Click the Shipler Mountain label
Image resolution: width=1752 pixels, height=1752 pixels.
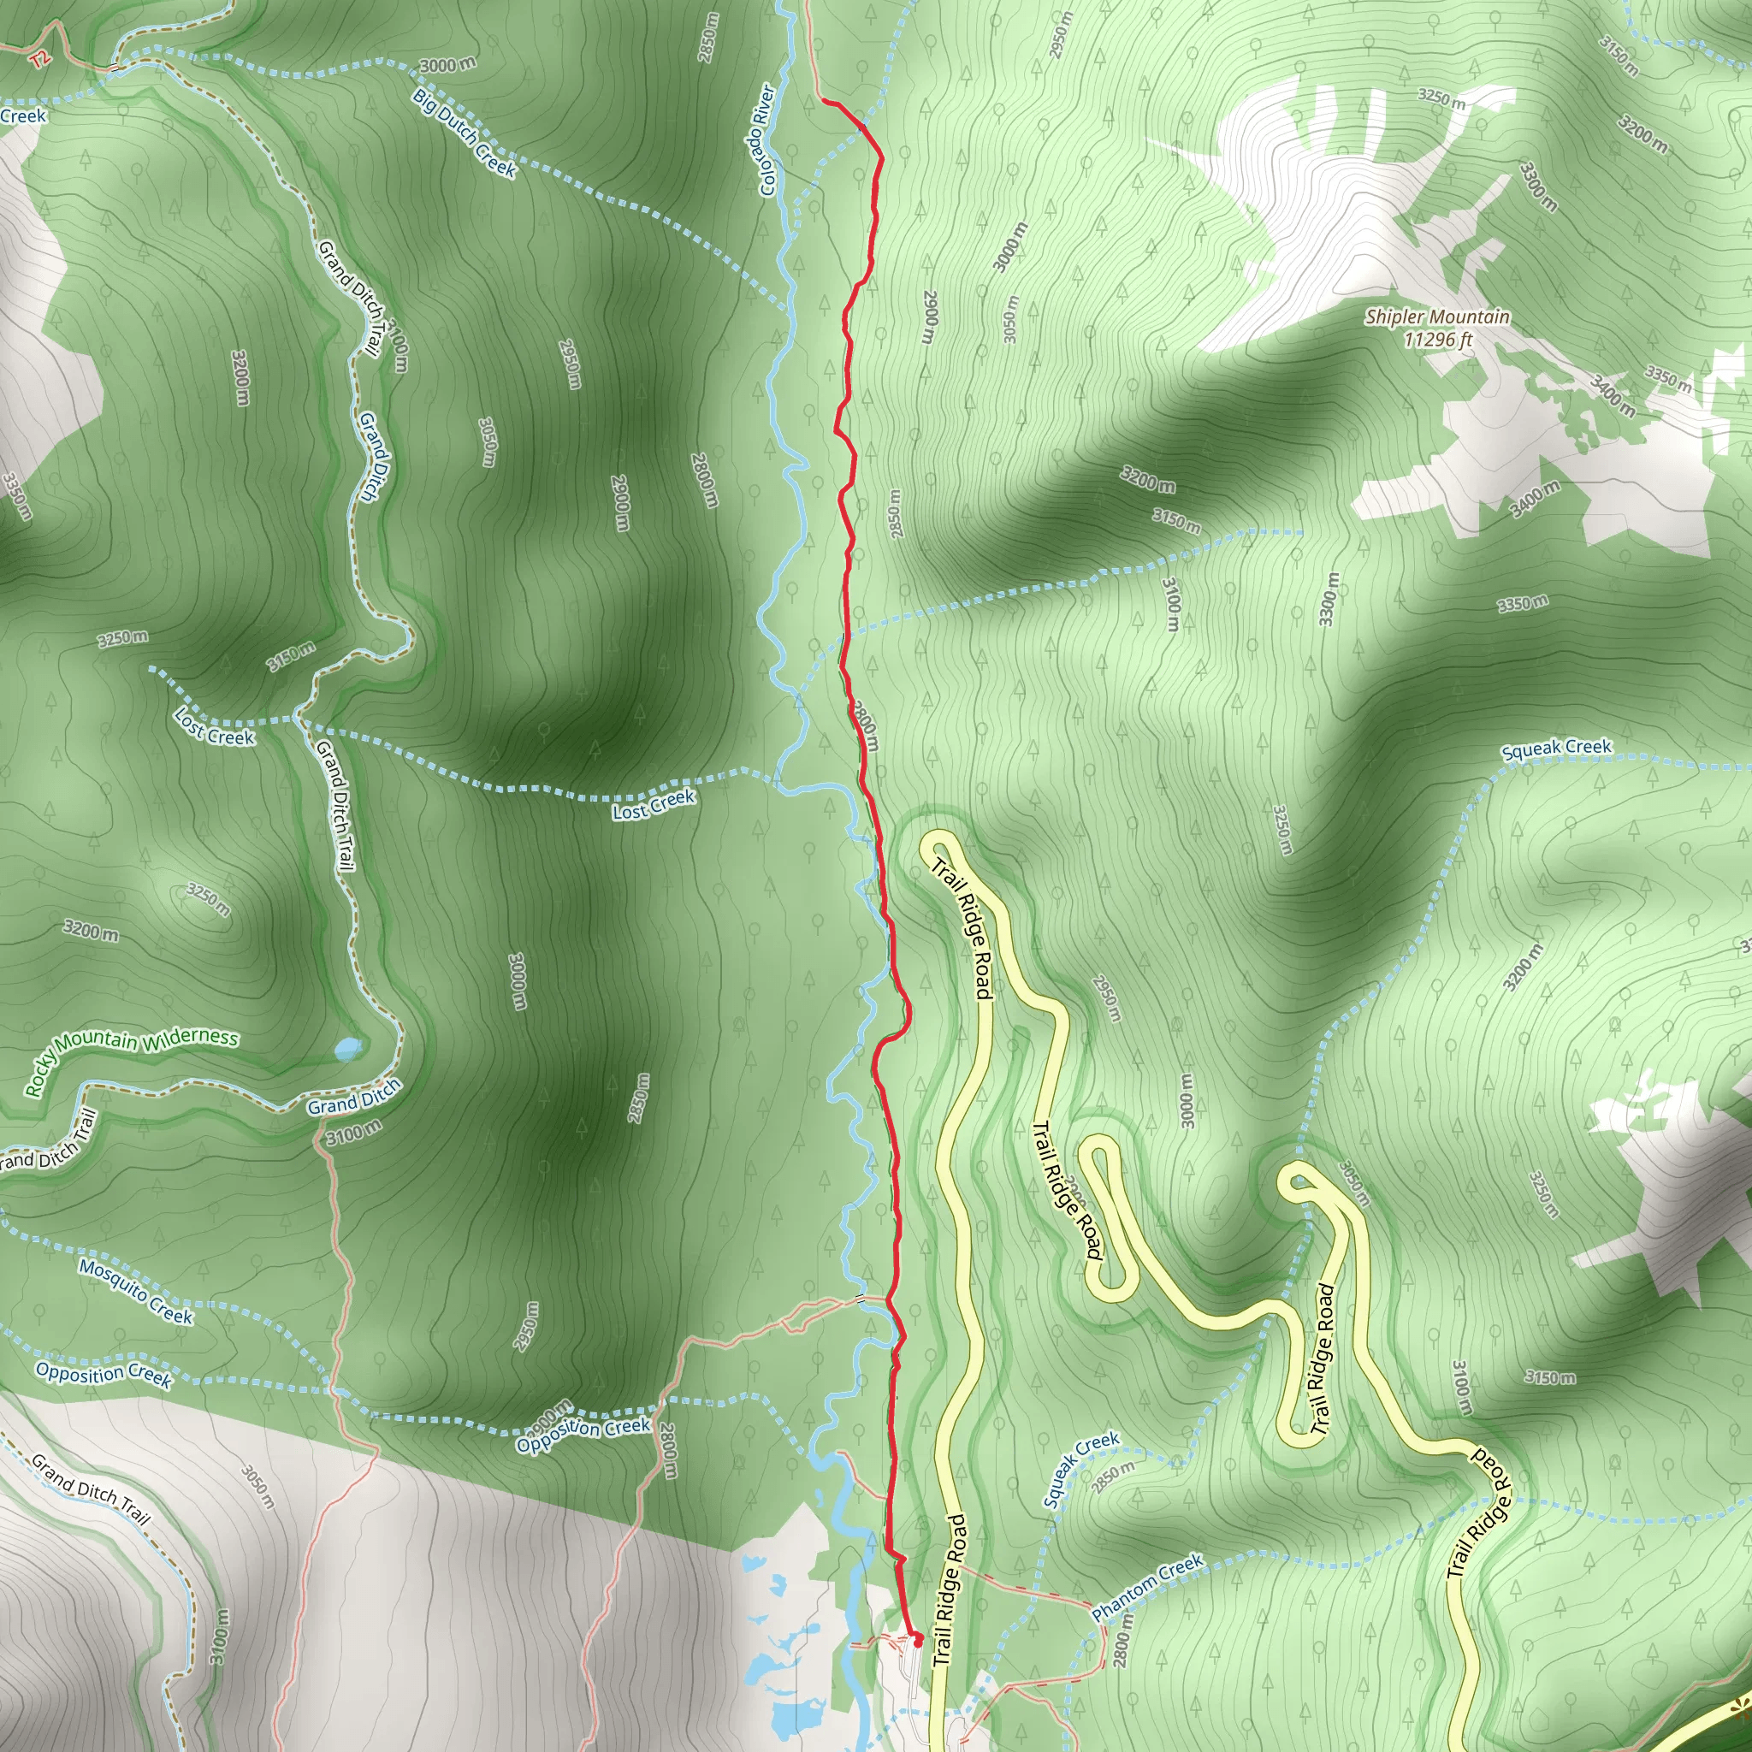(x=1437, y=317)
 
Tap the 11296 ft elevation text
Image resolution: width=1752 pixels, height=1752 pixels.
(x=1437, y=339)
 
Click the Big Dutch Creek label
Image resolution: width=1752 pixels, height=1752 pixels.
(x=465, y=133)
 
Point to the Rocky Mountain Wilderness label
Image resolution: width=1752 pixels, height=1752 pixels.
(x=132, y=1062)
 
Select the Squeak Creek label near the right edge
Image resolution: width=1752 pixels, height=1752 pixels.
(x=1556, y=749)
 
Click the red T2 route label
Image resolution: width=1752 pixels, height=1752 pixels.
(x=39, y=60)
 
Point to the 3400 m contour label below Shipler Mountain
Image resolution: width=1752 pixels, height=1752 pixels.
(x=1535, y=500)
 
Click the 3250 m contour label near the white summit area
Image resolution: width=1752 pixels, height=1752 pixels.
(x=1441, y=98)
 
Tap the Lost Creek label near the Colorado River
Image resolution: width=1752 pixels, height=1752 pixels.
(x=654, y=804)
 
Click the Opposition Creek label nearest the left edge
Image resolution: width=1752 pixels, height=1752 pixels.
(x=104, y=1374)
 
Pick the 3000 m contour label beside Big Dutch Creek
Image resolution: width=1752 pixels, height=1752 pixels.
(x=447, y=64)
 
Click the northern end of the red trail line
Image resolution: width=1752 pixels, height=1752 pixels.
(x=824, y=102)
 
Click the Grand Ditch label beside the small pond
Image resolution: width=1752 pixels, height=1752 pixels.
(x=353, y=1098)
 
